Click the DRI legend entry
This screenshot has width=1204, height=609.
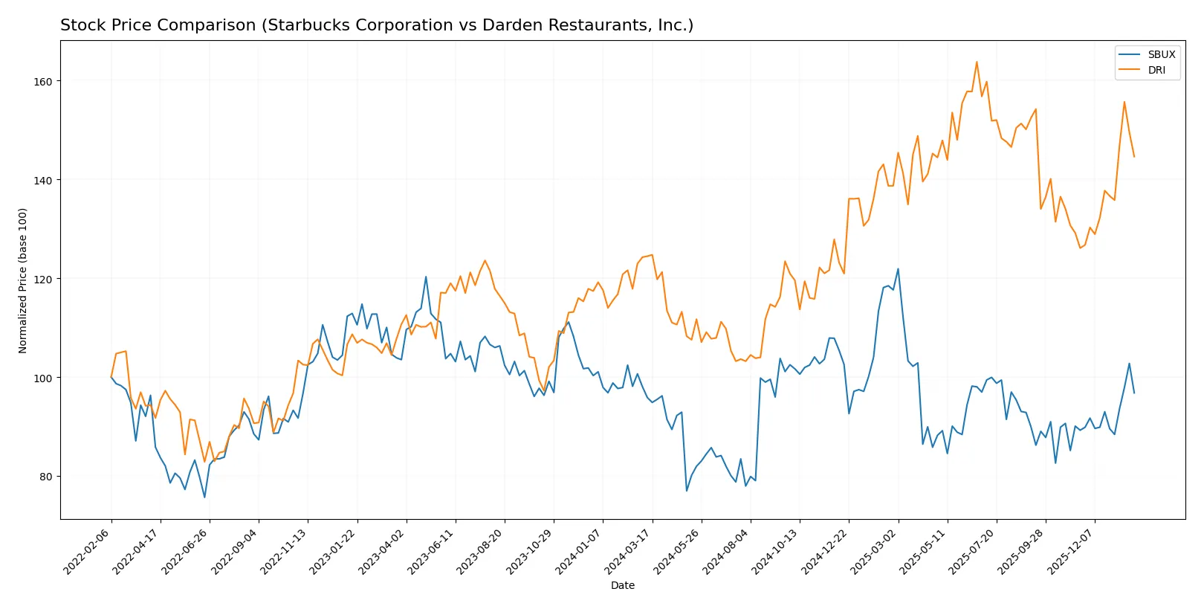[x=1156, y=70]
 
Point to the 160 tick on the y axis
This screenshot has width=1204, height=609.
[x=43, y=81]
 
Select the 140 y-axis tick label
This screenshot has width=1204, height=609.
[x=43, y=180]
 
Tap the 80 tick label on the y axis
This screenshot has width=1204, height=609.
[x=46, y=477]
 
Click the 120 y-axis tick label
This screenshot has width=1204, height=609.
[x=43, y=279]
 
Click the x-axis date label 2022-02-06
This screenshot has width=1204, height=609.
[x=87, y=552]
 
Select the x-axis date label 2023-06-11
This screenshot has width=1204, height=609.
[x=431, y=552]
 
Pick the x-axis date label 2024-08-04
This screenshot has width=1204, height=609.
[x=726, y=552]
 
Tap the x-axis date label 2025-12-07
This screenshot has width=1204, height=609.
[x=1070, y=552]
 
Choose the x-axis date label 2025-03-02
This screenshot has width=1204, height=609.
[x=874, y=552]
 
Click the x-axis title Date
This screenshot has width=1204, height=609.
[x=622, y=585]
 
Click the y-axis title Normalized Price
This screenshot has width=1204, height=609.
[x=23, y=280]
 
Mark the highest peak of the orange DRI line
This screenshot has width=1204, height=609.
[x=977, y=62]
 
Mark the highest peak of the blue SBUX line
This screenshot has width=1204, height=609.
[x=898, y=269]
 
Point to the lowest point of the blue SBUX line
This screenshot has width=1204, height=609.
[x=204, y=497]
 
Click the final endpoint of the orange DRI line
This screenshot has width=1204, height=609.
[x=1134, y=156]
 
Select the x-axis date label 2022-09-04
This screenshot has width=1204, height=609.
[x=235, y=552]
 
